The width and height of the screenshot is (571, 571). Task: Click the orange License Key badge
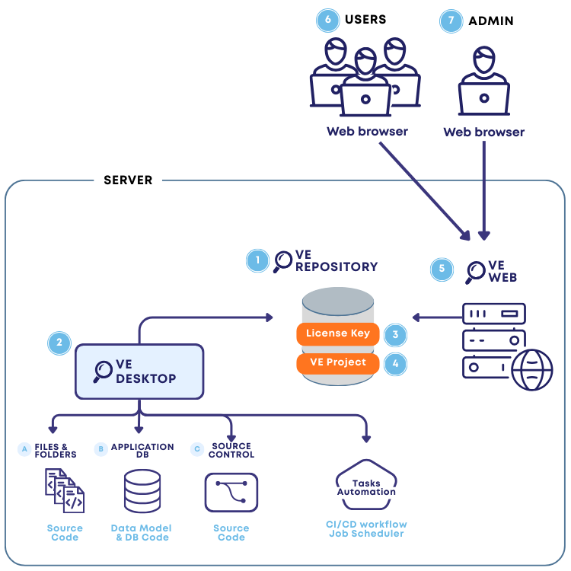pos(337,333)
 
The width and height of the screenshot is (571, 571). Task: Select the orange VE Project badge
pos(337,362)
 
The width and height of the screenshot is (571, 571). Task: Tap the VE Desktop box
pos(139,372)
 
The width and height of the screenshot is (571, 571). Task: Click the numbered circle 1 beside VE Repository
pos(257,260)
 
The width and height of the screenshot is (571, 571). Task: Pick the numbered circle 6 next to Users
pos(327,21)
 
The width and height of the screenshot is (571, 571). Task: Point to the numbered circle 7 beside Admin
pos(451,21)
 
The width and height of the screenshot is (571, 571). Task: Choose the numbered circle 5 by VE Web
pos(442,269)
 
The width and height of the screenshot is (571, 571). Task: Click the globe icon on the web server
pos(531,371)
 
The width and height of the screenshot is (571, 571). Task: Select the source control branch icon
pos(231,493)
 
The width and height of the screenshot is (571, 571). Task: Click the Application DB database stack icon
pos(142,491)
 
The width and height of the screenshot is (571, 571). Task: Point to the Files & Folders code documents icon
pos(65,491)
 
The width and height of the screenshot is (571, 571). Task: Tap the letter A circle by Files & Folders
pos(24,450)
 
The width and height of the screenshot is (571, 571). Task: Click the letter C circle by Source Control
pos(197,450)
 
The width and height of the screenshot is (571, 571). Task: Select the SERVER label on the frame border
pos(128,180)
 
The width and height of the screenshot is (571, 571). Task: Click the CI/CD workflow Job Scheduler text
pos(366,528)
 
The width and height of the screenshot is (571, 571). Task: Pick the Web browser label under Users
pos(367,132)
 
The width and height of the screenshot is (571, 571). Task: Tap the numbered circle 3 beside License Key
pos(394,333)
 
